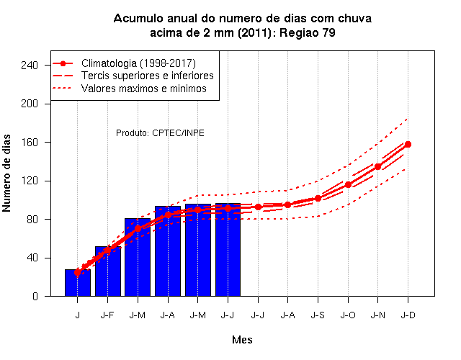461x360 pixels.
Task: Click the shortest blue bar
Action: pyautogui.click(x=78, y=283)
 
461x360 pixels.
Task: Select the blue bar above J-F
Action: pyautogui.click(x=108, y=271)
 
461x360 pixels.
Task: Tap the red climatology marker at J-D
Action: pyautogui.click(x=408, y=144)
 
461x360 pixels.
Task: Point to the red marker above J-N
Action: pyautogui.click(x=377, y=166)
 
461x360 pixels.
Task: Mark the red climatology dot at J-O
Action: pyautogui.click(x=348, y=185)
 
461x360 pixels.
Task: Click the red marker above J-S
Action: pyautogui.click(x=318, y=199)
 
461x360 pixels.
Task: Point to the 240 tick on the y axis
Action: pyautogui.click(x=30, y=66)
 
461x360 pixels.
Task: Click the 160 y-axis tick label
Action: pyautogui.click(x=30, y=143)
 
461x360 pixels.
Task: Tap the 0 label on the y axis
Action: pyautogui.click(x=35, y=296)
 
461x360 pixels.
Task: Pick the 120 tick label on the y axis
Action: pyautogui.click(x=30, y=181)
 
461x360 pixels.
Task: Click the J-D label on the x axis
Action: pyautogui.click(x=408, y=315)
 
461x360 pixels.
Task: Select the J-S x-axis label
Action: pyautogui.click(x=318, y=315)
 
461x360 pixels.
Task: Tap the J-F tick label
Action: pyautogui.click(x=107, y=315)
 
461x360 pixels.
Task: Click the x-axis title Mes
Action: pyautogui.click(x=242, y=340)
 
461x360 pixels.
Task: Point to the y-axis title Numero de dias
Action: pyautogui.click(x=6, y=173)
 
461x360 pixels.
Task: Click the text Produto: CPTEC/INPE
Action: pyautogui.click(x=160, y=133)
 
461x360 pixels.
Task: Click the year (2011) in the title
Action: pyautogui.click(x=254, y=32)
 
